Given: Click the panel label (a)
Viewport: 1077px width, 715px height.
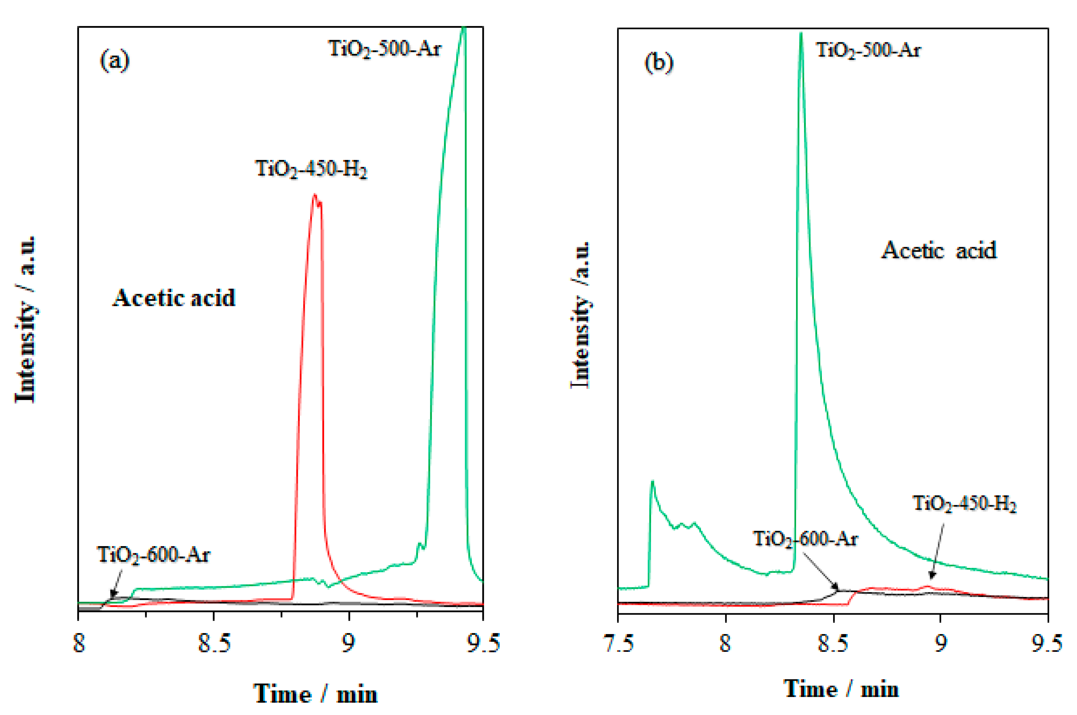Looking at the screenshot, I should (114, 61).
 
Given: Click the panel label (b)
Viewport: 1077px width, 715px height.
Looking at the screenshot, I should (658, 63).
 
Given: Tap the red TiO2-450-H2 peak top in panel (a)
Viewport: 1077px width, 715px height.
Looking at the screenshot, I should (314, 196).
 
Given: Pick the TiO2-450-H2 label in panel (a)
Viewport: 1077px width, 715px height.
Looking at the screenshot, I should (311, 169).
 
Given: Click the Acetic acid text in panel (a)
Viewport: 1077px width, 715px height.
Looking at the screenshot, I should (174, 298).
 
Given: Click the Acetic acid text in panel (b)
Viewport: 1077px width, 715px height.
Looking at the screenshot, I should (939, 250).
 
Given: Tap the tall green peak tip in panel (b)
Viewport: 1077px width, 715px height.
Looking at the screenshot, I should (801, 34).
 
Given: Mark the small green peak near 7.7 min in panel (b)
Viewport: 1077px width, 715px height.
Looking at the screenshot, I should (653, 482).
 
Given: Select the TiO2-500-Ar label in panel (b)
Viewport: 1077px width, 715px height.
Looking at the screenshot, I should (868, 50).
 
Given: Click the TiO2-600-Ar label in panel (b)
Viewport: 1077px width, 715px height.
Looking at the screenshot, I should (805, 539).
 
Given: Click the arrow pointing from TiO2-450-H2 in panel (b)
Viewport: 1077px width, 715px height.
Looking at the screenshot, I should (937, 552).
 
